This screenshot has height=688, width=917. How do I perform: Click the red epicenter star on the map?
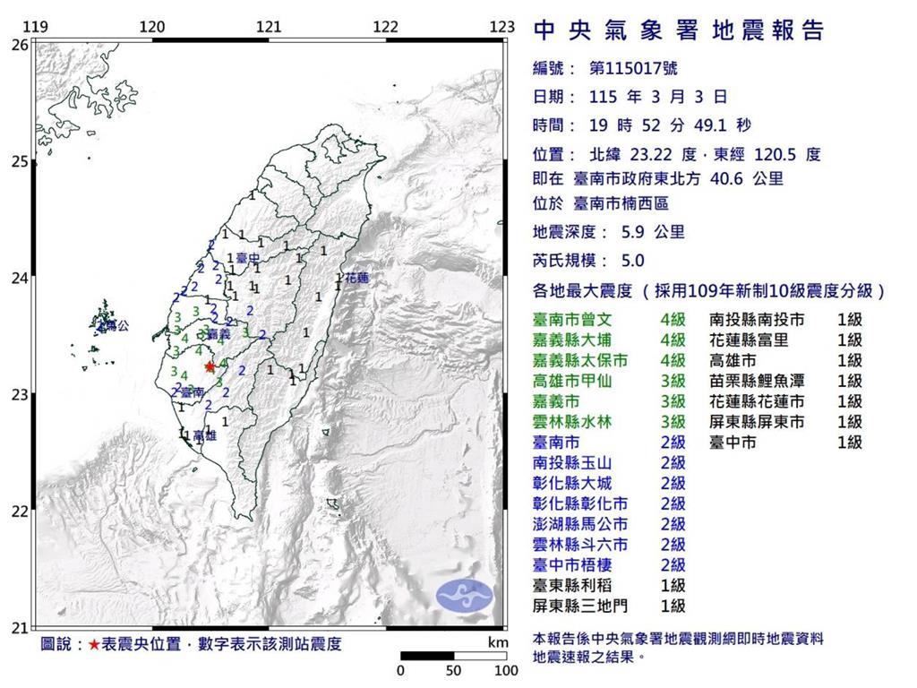pyautogui.click(x=210, y=366)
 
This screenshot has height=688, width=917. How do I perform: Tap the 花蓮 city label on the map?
pyautogui.click(x=356, y=278)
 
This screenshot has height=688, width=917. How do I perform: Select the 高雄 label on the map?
pyautogui.click(x=204, y=434)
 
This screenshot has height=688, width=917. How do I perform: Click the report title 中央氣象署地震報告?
pyautogui.click(x=678, y=32)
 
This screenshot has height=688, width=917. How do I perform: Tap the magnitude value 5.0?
pyautogui.click(x=632, y=261)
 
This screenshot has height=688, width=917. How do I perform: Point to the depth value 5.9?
pyautogui.click(x=633, y=232)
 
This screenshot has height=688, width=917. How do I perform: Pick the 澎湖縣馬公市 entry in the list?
pyautogui.click(x=580, y=524)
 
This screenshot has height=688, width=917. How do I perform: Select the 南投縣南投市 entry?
pyautogui.click(x=757, y=319)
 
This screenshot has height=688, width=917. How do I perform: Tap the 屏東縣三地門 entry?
pyautogui.click(x=580, y=606)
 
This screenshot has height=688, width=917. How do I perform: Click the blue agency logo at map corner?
pyautogui.click(x=465, y=595)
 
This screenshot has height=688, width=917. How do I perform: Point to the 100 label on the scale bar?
pyautogui.click(x=506, y=670)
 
